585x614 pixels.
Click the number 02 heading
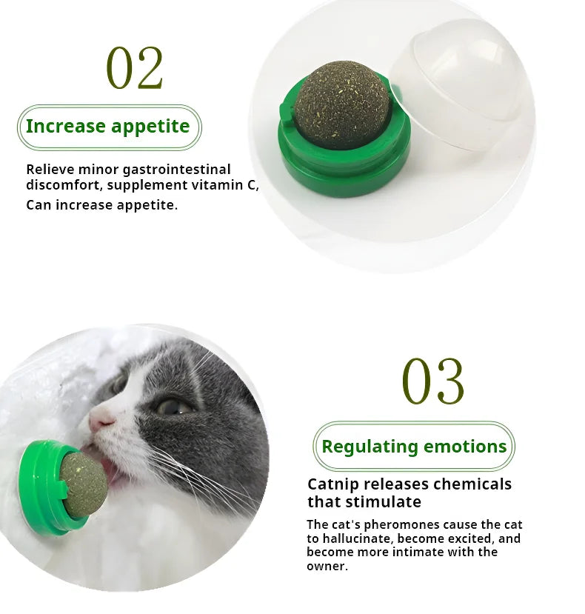134,67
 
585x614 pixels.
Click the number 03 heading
432,381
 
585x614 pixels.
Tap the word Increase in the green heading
65,126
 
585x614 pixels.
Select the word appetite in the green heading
150,127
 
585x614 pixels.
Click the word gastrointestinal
176,170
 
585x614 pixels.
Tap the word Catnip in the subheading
333,485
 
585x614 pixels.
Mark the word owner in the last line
326,566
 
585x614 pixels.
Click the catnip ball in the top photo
342,104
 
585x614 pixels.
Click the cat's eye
173,407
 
